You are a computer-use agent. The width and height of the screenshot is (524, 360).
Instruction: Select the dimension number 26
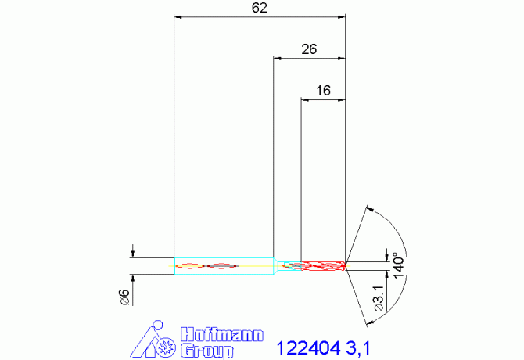[x=309, y=49]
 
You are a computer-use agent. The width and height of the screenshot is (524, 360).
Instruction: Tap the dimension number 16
[x=323, y=91]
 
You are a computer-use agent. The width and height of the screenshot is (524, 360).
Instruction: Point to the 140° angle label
[x=398, y=265]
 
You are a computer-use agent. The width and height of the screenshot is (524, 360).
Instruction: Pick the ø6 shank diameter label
[x=123, y=297]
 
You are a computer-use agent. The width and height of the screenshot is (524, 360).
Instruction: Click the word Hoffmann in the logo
[x=223, y=334]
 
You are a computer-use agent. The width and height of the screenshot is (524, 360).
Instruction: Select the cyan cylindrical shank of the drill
[x=223, y=266]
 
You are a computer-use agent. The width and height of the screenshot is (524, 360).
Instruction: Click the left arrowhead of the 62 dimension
[x=177, y=16]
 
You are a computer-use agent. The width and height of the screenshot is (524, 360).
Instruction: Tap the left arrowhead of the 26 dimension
[x=277, y=57]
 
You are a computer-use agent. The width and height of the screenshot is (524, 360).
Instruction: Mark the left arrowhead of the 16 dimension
[x=305, y=99]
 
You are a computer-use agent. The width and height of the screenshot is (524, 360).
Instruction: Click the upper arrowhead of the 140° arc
[x=369, y=209]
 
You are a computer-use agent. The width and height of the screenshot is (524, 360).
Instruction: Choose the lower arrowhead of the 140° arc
[x=367, y=321]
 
